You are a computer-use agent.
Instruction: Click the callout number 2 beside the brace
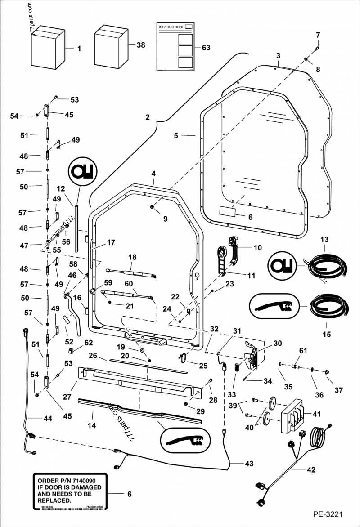click(147, 118)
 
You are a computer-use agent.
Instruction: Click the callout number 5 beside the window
click(176, 135)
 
